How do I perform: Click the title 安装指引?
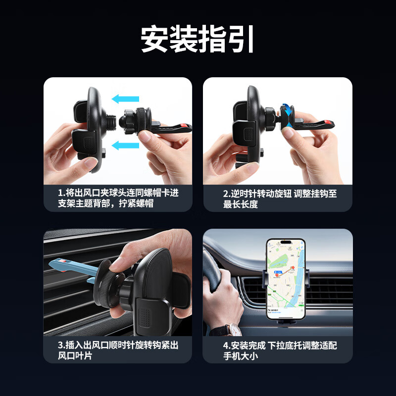pyautogui.click(x=198, y=40)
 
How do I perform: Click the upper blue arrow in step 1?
pyautogui.click(x=125, y=99)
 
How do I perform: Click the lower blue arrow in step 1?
pyautogui.click(x=125, y=145)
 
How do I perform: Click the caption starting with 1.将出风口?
pyautogui.click(x=117, y=198)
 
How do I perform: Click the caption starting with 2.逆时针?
pyautogui.click(x=277, y=198)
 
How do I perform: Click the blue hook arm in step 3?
pyautogui.click(x=74, y=267)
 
